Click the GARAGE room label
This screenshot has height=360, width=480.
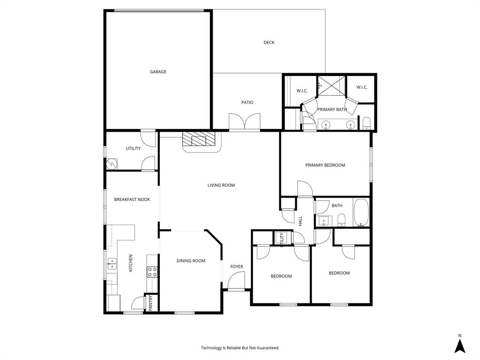point(158,72)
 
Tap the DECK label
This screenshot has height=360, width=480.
point(269,43)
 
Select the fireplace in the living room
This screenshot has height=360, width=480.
point(201,140)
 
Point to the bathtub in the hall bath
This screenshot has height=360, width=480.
point(361,213)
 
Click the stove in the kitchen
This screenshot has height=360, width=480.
point(152,272)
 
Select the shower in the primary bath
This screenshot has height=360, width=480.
point(331,86)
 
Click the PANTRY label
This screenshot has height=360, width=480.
point(151,303)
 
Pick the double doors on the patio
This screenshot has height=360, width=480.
point(244,122)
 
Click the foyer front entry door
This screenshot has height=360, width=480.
point(236,283)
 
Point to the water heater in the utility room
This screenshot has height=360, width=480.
point(112,164)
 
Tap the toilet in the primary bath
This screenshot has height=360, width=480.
point(367,124)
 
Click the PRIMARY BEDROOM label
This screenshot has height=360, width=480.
point(325,165)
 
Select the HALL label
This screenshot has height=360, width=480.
point(300,220)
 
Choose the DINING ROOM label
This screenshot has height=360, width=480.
point(191,261)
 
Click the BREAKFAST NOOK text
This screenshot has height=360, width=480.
point(132,199)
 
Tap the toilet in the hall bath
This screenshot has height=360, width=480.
point(342,219)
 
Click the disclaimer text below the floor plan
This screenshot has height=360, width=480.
point(240,348)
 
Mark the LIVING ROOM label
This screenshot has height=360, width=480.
point(221,185)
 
